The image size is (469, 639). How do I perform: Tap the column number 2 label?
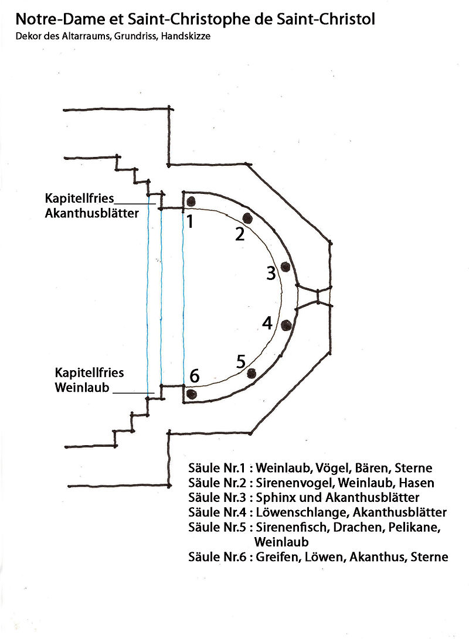pos(239,234)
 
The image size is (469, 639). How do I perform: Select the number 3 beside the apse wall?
pos(270,273)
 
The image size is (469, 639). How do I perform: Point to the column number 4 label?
pos(267,323)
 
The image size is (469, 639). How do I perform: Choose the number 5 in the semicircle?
pos(241,362)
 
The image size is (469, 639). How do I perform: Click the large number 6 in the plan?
pos(195,377)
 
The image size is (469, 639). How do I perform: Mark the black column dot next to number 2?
pos(247,218)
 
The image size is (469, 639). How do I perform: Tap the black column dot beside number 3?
pos(286,266)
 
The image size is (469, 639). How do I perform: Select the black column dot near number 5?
pos(252,373)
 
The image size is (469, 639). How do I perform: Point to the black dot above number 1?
pos(191,201)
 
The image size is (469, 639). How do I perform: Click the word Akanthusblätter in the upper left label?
pos(92,213)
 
